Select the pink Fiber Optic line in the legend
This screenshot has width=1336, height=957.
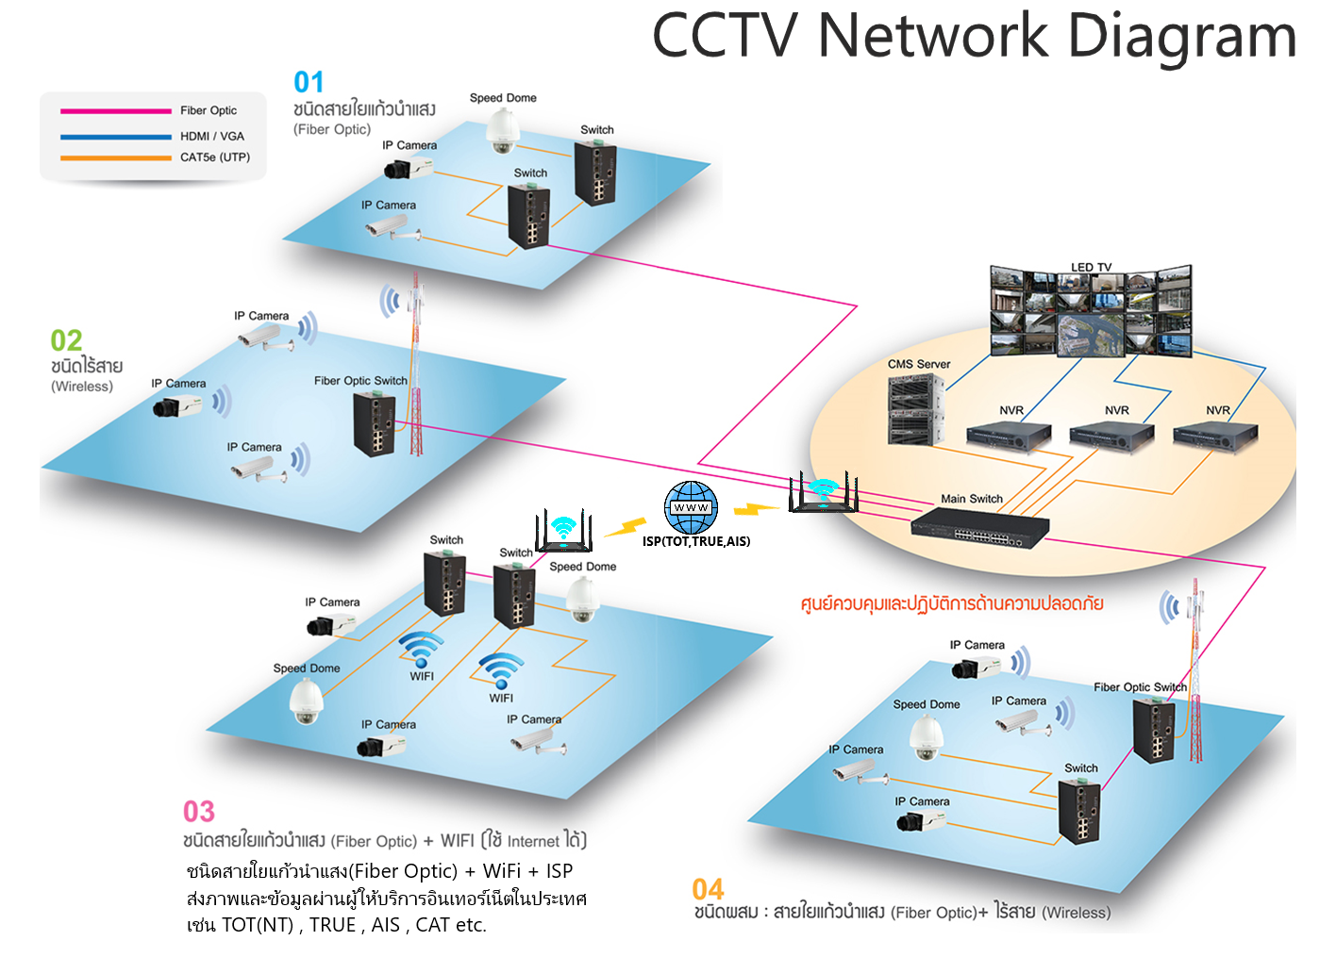(115, 111)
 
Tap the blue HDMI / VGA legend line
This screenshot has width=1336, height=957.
(115, 137)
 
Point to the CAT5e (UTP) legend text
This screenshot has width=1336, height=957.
(215, 157)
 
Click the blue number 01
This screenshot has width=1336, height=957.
(309, 83)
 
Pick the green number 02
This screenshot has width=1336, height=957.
(66, 340)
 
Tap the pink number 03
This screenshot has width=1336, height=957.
(199, 812)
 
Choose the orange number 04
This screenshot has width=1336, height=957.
(708, 889)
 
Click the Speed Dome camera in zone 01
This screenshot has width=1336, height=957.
(503, 130)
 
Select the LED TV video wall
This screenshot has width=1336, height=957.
(1091, 312)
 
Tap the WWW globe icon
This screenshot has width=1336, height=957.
(691, 507)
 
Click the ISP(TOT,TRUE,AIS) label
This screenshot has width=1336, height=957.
(696, 541)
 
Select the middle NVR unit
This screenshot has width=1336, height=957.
(1111, 437)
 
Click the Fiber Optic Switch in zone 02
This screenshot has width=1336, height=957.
(375, 423)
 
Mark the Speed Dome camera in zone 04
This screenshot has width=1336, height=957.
(926, 738)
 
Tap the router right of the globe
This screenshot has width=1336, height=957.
(824, 494)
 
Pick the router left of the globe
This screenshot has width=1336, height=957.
(563, 533)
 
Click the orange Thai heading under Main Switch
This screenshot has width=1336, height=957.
(951, 603)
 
